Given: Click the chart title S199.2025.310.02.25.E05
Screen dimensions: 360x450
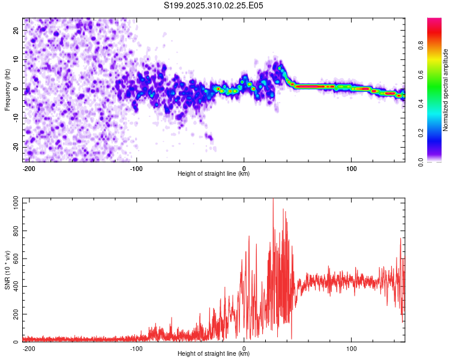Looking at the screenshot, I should (214, 5).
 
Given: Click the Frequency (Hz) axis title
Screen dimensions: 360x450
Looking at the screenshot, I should (7, 90).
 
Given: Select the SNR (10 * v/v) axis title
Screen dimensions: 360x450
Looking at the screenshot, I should (7, 271).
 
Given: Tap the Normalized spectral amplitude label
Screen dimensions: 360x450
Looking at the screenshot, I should (445, 90).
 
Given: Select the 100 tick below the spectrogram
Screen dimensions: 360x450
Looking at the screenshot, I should (352, 168).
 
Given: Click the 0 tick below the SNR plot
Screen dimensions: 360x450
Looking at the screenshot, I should (244, 348).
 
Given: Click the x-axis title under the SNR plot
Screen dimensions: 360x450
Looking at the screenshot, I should (214, 354).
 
